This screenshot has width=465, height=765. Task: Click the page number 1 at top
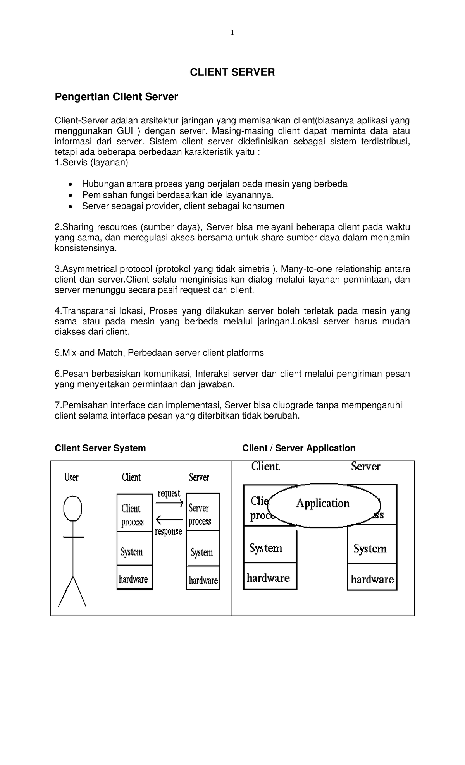[232, 33]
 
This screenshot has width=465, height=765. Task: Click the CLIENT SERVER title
[232, 72]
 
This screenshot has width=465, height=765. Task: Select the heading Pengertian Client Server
[116, 97]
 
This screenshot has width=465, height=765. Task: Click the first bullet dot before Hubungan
[70, 184]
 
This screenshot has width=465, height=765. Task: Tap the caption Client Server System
[100, 448]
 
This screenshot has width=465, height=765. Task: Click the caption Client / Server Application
[299, 448]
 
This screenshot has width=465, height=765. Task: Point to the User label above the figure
[71, 477]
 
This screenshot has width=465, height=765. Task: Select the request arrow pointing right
[169, 503]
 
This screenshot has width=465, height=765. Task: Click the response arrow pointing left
[169, 520]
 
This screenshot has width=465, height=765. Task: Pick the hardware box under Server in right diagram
[372, 579]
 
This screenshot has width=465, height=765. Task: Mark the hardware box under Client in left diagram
[134, 579]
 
